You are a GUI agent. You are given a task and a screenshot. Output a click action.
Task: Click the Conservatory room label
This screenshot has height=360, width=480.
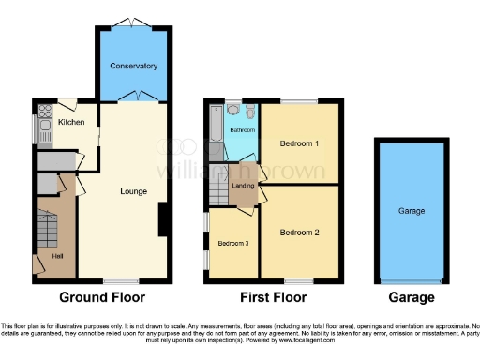tap(133, 67)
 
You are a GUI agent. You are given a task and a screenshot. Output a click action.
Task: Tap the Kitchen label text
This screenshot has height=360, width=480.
tap(71, 122)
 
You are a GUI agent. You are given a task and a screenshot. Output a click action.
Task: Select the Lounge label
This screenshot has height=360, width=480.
tap(133, 191)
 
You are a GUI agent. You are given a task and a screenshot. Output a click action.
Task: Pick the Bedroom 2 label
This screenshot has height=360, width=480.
tap(299, 232)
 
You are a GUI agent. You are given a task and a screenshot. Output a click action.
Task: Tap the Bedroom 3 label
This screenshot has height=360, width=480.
tap(233, 243)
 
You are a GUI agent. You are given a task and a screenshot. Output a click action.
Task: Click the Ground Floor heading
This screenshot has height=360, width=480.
tap(102, 298)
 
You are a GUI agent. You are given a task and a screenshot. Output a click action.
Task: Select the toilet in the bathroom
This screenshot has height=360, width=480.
tap(233, 111)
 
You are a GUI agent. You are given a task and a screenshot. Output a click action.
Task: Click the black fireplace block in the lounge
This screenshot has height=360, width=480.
tap(163, 219)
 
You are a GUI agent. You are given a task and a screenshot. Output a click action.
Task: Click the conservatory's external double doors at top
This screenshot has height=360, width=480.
tap(133, 23)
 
